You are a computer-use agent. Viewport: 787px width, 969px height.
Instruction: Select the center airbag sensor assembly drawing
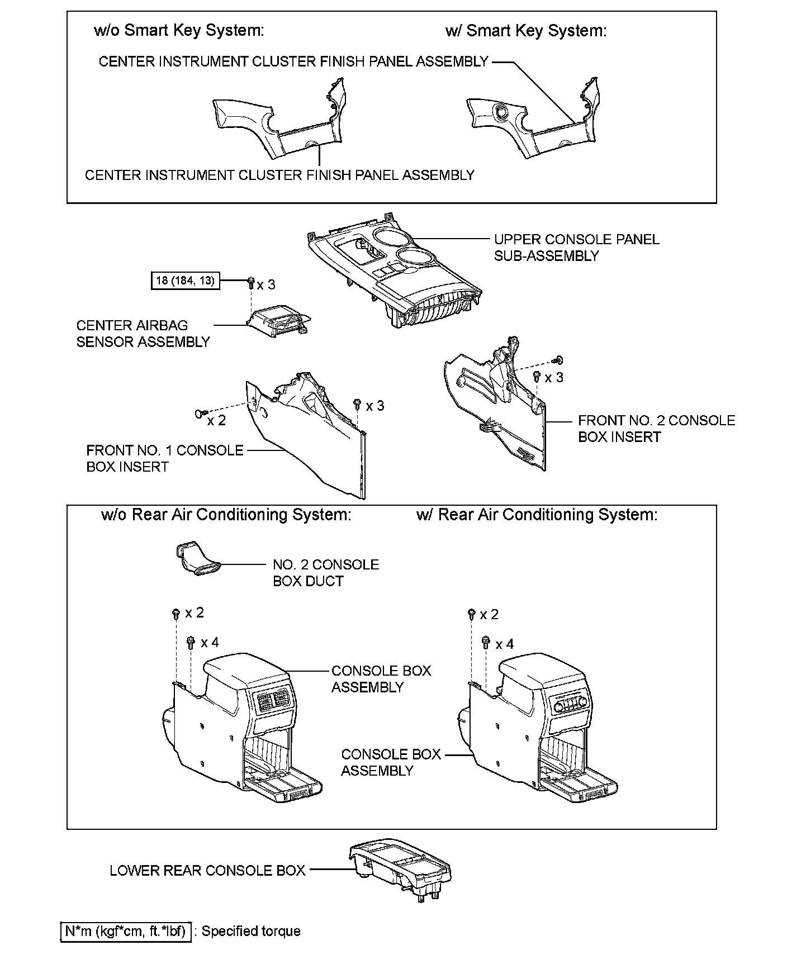(278, 324)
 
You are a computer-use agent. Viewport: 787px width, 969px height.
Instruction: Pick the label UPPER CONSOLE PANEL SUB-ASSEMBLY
(576, 248)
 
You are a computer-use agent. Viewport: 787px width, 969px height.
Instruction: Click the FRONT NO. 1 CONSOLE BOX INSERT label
(164, 458)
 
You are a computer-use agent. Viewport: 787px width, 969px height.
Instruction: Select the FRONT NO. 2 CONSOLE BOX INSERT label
(656, 429)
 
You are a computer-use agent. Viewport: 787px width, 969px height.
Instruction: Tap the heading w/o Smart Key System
(179, 31)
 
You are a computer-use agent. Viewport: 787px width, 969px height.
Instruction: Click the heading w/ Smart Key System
(525, 31)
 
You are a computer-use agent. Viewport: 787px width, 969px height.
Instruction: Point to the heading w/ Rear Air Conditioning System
(537, 515)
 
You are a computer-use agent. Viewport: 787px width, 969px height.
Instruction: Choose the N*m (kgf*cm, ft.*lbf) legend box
(126, 931)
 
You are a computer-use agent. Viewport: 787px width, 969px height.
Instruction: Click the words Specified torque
(251, 931)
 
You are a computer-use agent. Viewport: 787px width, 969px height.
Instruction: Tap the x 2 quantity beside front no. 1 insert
(216, 420)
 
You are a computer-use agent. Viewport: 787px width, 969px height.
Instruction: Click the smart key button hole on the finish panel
(501, 111)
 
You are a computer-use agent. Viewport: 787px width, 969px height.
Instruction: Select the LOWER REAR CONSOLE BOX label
(207, 870)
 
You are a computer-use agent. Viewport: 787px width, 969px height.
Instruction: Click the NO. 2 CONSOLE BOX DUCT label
(325, 573)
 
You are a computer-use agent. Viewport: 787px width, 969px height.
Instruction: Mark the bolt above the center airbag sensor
(250, 283)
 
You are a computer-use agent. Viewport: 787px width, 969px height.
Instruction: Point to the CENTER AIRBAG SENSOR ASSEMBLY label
(143, 334)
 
